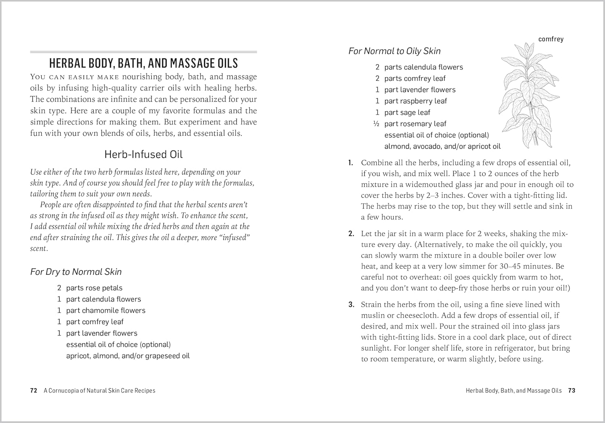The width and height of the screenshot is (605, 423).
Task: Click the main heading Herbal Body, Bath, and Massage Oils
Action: point(143,63)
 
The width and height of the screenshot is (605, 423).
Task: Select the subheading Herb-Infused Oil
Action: point(143,154)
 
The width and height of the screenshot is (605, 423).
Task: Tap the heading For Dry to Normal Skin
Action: point(76,272)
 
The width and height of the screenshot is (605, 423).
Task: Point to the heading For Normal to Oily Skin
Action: point(394,51)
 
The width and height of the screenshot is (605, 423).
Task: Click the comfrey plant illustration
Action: point(530,97)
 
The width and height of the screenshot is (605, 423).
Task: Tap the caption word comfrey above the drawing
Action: point(551,39)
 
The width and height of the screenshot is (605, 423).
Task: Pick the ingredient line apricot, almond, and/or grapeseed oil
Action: point(128,356)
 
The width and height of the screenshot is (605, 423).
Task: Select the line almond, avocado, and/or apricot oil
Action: point(442,146)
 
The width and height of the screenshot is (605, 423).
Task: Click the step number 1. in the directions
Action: point(350,163)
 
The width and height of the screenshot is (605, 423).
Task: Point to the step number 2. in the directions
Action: point(351,234)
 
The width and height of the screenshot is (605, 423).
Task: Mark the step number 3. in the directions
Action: point(351,305)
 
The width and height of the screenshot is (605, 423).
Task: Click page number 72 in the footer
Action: point(33,390)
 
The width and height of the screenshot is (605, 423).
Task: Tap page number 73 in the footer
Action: point(572,390)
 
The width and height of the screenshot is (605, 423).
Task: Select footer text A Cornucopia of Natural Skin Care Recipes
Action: point(99,390)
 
